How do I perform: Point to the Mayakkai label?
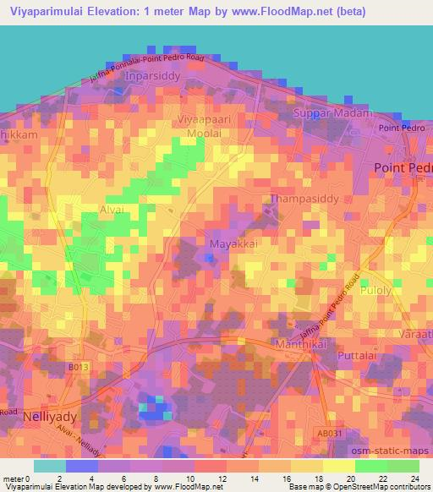pyautogui.click(x=227, y=243)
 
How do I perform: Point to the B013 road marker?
pyautogui.click(x=77, y=369)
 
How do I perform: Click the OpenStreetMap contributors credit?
pyautogui.click(x=392, y=487)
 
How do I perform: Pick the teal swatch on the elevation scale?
pyautogui.click(x=50, y=466)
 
